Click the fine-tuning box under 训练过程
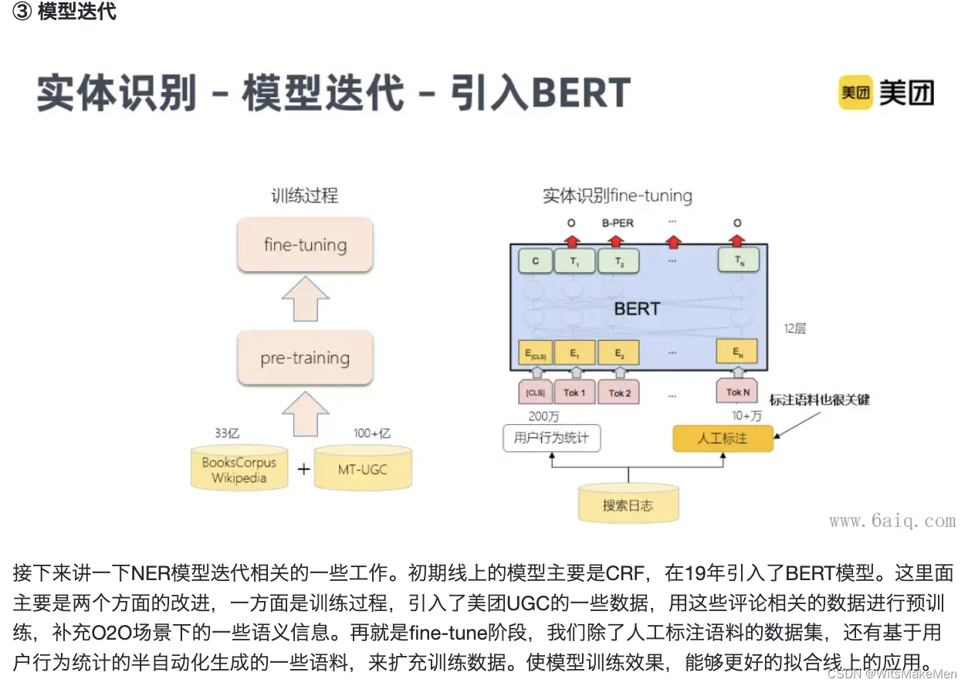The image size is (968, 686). (305, 245)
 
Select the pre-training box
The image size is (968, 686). (305, 358)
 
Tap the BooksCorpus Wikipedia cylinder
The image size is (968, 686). (239, 470)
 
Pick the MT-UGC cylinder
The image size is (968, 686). (363, 469)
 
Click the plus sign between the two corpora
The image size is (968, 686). (303, 469)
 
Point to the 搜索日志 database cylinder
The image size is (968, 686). (628, 505)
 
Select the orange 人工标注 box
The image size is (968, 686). (723, 438)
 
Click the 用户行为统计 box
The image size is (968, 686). (551, 438)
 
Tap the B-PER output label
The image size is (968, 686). (617, 223)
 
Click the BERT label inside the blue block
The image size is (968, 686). (637, 309)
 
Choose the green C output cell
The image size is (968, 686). (536, 261)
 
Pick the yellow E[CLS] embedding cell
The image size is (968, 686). (535, 353)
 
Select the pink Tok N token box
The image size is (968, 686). (737, 392)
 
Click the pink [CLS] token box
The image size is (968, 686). (535, 392)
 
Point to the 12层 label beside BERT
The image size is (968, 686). (794, 329)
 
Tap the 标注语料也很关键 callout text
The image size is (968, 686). (820, 399)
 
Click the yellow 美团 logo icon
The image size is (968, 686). (855, 93)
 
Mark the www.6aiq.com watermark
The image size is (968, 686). (892, 521)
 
